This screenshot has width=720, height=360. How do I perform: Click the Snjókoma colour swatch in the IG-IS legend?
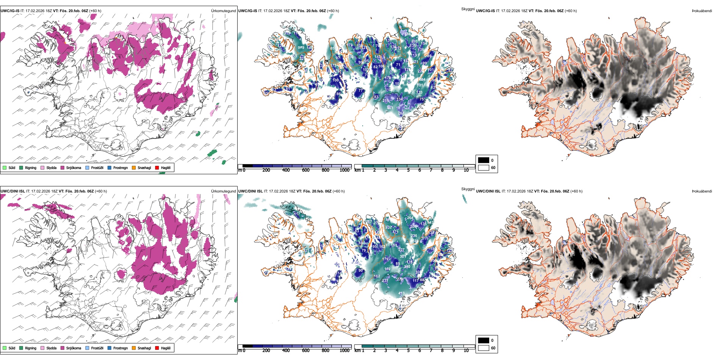pos(63,168)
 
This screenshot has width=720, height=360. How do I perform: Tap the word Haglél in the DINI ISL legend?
pos(166,348)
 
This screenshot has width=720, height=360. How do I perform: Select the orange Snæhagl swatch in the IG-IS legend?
pos(134,168)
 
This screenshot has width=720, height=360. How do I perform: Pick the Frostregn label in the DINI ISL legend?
pos(121,348)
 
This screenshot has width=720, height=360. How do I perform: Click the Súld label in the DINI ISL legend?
pos(12,348)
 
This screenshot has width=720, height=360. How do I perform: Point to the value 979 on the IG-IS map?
pos(301,48)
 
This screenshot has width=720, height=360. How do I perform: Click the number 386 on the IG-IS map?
pos(407,34)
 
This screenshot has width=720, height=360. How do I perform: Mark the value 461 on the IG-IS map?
pos(390,108)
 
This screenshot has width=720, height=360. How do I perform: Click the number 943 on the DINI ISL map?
pos(430,222)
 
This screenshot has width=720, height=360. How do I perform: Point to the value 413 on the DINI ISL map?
pos(401,293)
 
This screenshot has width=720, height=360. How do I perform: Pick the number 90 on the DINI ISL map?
pos(360,271)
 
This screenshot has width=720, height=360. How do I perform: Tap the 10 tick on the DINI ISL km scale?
pos(466,351)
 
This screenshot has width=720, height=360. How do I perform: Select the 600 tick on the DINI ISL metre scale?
pos(306,351)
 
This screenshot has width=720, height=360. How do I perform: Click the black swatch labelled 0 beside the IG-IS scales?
pos(484,160)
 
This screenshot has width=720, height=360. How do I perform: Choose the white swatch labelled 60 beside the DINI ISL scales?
pos(484,348)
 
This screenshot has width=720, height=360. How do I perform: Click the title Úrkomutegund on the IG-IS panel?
pos(223,11)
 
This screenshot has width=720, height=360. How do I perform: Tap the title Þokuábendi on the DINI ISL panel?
pos(701,191)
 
